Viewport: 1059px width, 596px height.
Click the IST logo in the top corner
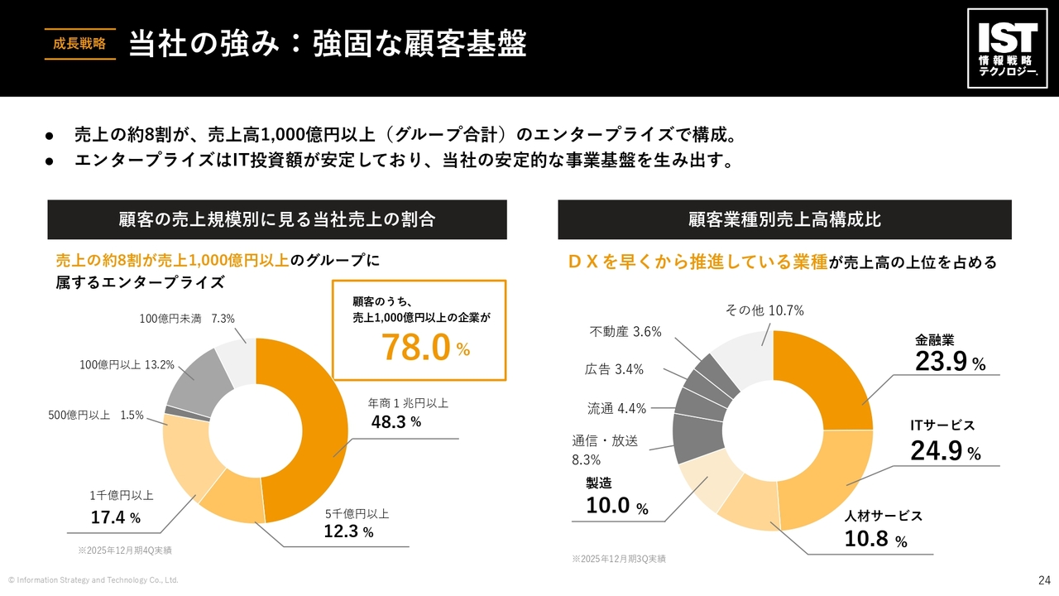[1007, 48]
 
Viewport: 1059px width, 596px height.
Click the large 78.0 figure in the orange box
[416, 348]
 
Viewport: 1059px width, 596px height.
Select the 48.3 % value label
[396, 422]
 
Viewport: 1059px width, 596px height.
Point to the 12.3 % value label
[348, 531]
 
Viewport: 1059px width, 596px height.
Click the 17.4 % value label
[115, 518]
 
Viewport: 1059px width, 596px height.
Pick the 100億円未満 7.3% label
[187, 318]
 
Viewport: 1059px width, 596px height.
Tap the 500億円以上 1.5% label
[95, 415]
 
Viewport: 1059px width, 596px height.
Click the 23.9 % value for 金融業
[950, 362]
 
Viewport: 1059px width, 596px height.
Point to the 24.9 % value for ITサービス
[945, 451]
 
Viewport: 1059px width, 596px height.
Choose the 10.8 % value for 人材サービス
[876, 540]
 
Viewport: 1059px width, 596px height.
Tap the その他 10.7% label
[764, 310]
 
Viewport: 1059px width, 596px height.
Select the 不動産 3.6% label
[625, 332]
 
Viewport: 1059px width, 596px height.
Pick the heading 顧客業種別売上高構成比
[784, 219]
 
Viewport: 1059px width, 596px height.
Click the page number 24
[1043, 579]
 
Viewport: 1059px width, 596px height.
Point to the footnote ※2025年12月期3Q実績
[618, 560]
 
